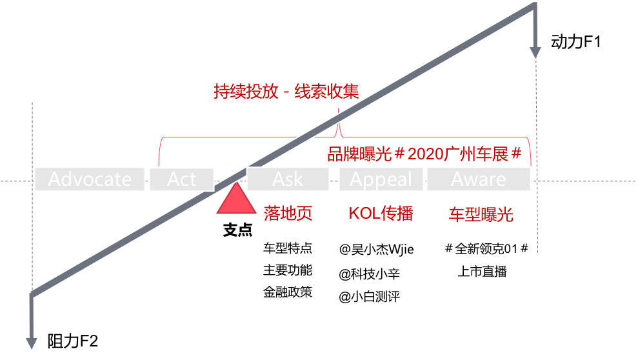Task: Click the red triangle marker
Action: pos(236,199)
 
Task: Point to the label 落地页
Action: pos(288,214)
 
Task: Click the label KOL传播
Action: pos(381,214)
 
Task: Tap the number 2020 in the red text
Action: pos(426,155)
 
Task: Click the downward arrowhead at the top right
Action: pos(535,52)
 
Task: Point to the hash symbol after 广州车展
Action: pos(515,155)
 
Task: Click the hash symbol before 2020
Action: pos(399,155)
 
